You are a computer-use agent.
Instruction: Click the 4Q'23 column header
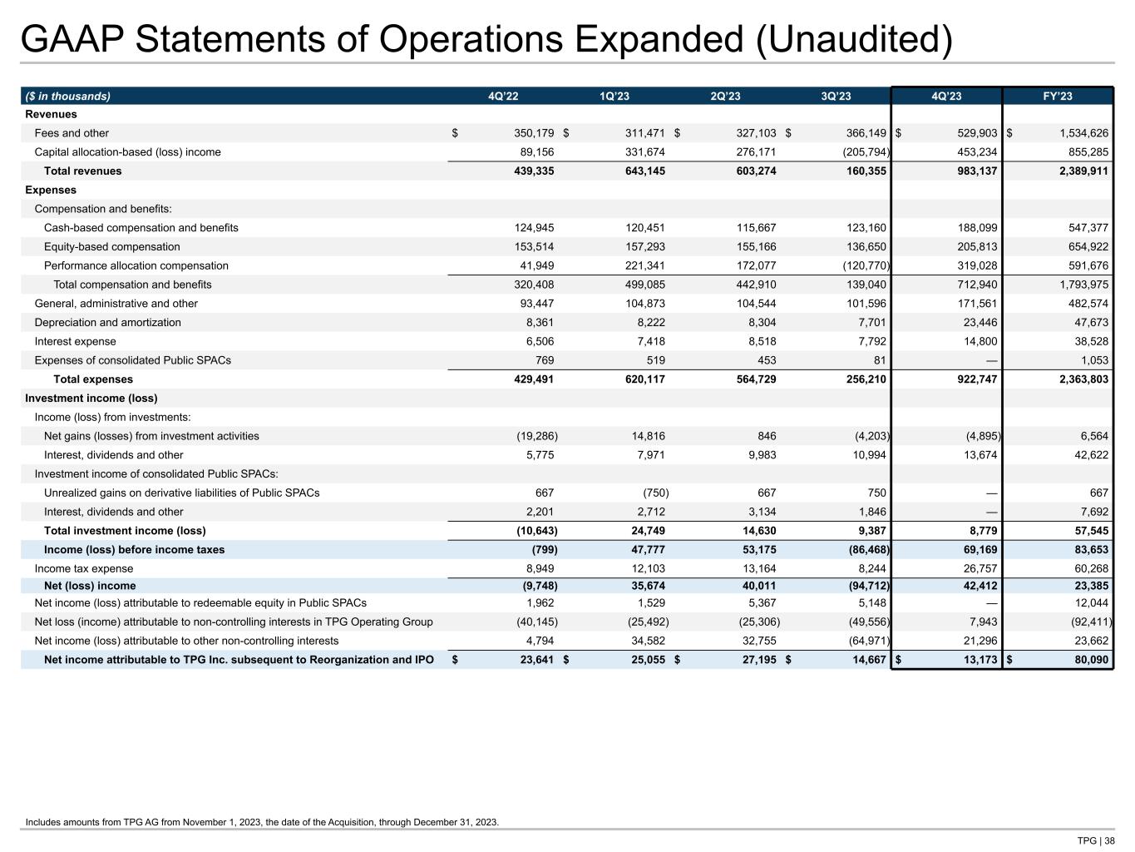[946, 96]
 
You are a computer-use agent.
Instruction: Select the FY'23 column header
[1058, 96]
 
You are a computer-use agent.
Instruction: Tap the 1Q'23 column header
[614, 96]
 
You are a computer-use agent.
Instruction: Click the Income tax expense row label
[83, 569]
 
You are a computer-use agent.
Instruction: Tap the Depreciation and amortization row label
[107, 323]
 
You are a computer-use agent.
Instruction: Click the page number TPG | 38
[1096, 840]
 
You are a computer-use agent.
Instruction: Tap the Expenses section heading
[51, 191]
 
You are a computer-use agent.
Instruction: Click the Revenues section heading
[51, 115]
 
